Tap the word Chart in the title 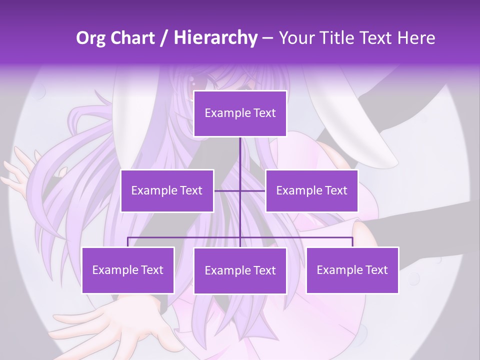click(x=131, y=38)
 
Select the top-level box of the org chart click(x=240, y=113)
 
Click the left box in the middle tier click(x=167, y=190)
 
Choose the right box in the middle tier click(x=311, y=190)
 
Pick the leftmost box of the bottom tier click(x=128, y=270)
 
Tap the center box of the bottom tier click(x=240, y=270)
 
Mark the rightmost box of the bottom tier click(x=352, y=270)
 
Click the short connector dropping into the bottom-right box click(x=352, y=242)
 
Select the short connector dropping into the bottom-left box click(x=128, y=242)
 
